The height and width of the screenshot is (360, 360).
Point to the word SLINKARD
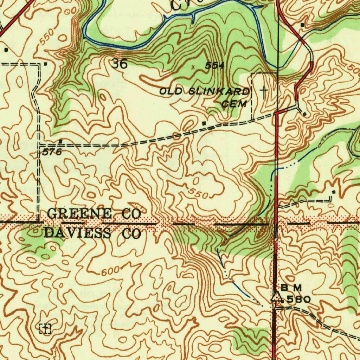219,92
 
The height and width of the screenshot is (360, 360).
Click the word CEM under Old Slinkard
235,104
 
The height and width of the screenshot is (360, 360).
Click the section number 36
119,64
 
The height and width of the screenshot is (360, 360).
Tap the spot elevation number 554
215,65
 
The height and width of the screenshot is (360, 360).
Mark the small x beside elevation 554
193,66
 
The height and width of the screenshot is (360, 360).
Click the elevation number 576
52,152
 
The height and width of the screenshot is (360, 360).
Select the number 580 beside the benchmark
298,300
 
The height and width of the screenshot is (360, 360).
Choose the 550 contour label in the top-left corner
46,37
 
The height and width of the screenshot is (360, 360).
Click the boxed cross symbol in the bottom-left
45,329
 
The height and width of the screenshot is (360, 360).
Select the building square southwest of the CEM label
204,123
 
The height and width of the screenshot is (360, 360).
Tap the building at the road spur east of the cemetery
304,114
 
